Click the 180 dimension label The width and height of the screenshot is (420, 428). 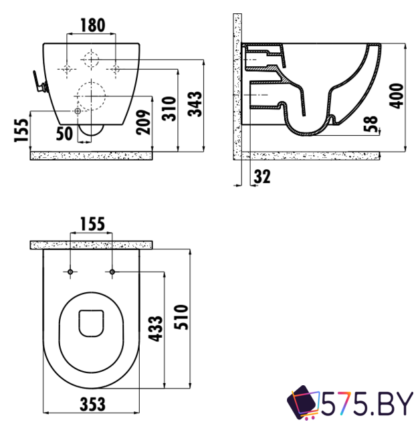93,25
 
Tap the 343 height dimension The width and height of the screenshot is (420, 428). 195,104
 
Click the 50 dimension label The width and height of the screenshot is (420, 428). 64,132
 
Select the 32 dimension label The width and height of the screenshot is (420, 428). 262,177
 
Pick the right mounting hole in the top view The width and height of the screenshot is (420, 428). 112,272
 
